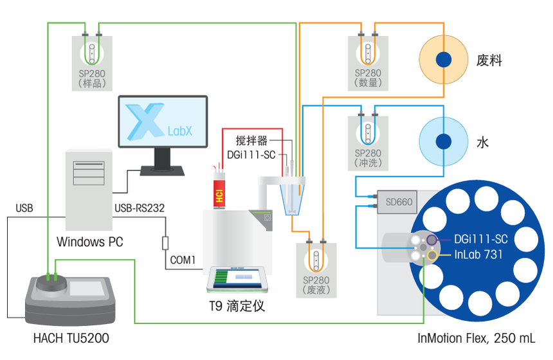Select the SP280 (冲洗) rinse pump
368,141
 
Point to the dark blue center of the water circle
443,141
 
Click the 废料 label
489,61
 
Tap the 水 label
482,142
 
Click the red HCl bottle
219,190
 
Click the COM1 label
183,260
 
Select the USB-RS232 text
139,208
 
